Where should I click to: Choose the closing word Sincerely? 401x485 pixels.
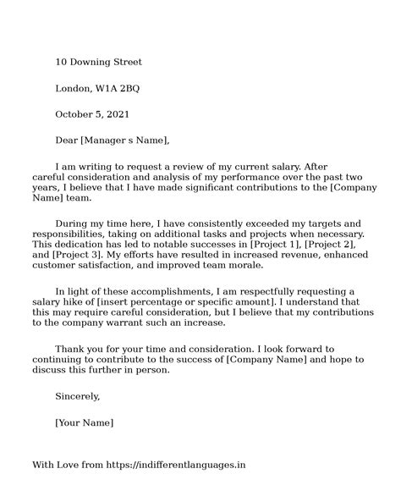pos(78,395)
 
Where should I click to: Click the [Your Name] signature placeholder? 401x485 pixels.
pos(84,422)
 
